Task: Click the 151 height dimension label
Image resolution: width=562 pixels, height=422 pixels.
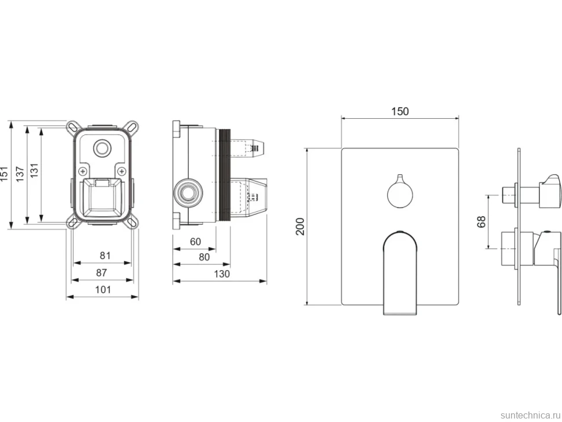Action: (4, 173)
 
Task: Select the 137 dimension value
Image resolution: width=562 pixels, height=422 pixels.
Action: (20, 174)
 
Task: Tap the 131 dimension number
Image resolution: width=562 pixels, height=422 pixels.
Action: (34, 170)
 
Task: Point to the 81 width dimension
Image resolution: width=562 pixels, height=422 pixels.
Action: (105, 256)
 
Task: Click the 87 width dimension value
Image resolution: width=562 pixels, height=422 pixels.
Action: (101, 273)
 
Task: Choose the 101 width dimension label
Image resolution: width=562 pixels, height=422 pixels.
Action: (103, 290)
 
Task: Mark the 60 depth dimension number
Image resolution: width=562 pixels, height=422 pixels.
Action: (195, 242)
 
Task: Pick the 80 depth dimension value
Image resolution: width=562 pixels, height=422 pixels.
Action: (204, 257)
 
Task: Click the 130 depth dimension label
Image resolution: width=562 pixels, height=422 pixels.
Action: (222, 274)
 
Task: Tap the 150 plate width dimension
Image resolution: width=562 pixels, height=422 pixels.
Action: (400, 111)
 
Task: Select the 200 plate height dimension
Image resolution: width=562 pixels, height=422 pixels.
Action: (300, 226)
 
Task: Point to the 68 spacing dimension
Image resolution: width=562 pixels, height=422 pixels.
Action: (481, 221)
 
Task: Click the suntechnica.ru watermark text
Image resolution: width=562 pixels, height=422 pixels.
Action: (530, 415)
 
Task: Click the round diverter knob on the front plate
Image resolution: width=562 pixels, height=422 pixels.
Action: (400, 194)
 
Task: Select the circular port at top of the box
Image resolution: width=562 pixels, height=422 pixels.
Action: (103, 147)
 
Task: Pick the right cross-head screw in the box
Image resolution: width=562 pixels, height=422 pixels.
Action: (122, 170)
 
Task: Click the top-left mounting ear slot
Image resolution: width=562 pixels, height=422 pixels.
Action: (73, 128)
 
